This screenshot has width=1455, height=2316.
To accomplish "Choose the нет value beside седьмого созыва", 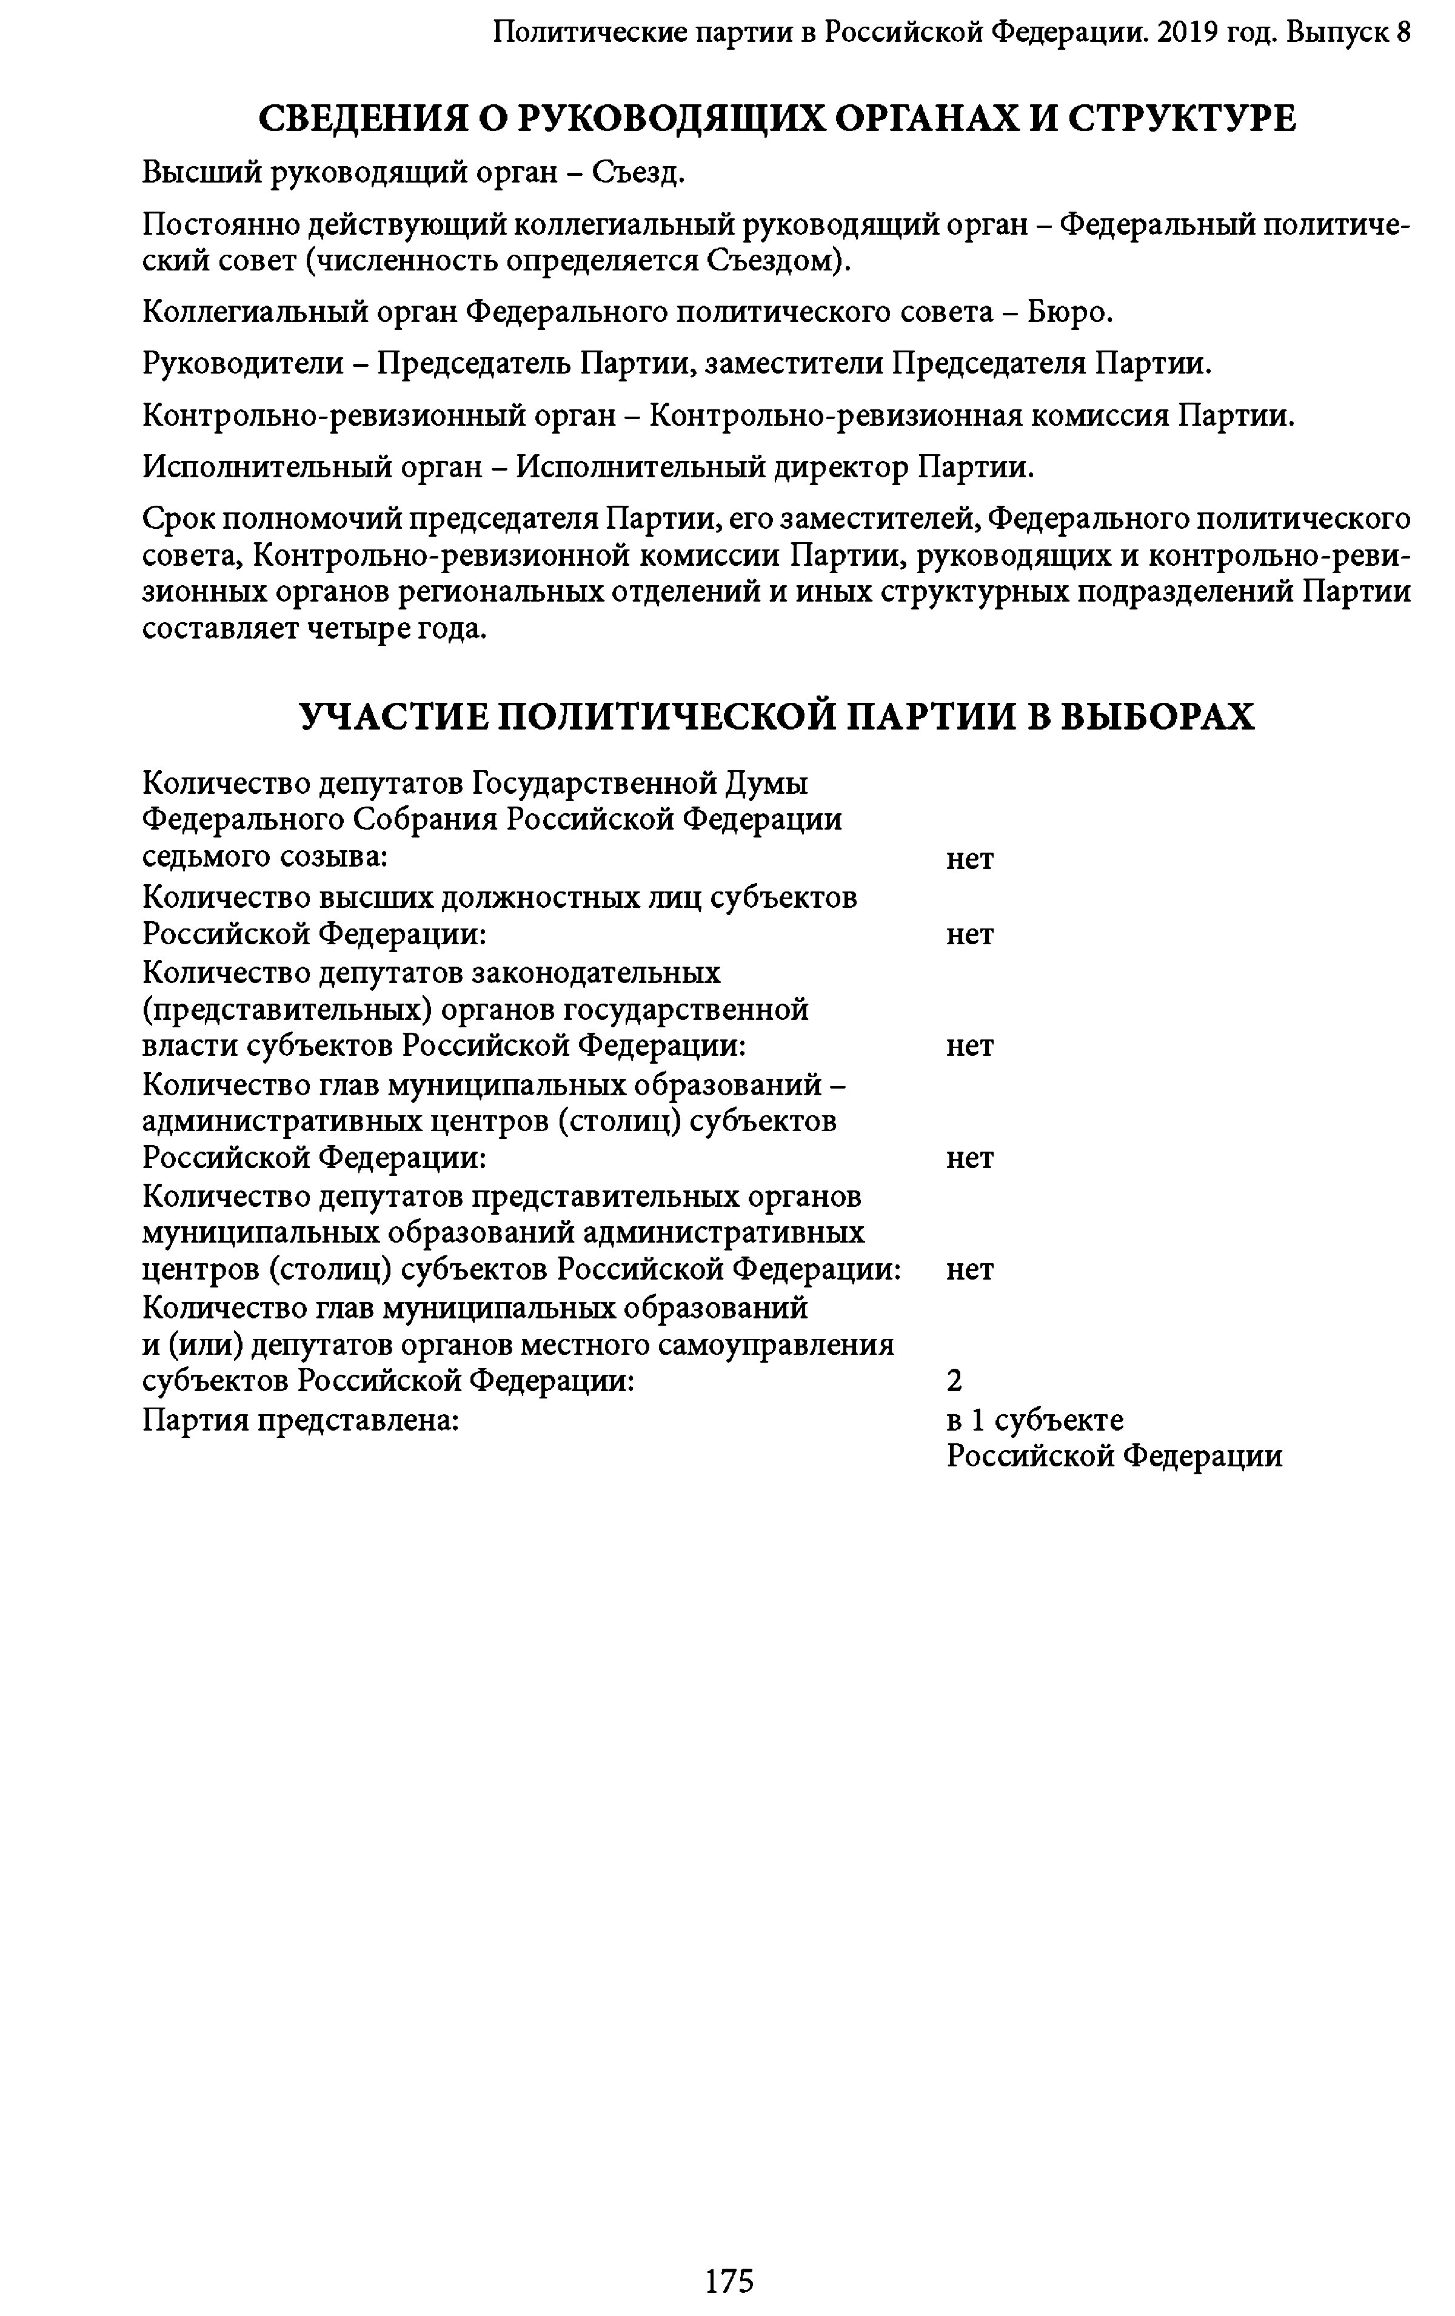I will coord(968,858).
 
